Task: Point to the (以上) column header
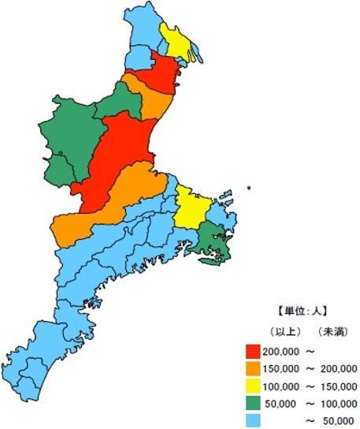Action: [x=282, y=331]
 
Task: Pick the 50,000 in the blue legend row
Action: [x=340, y=421]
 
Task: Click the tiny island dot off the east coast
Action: [x=248, y=187]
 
